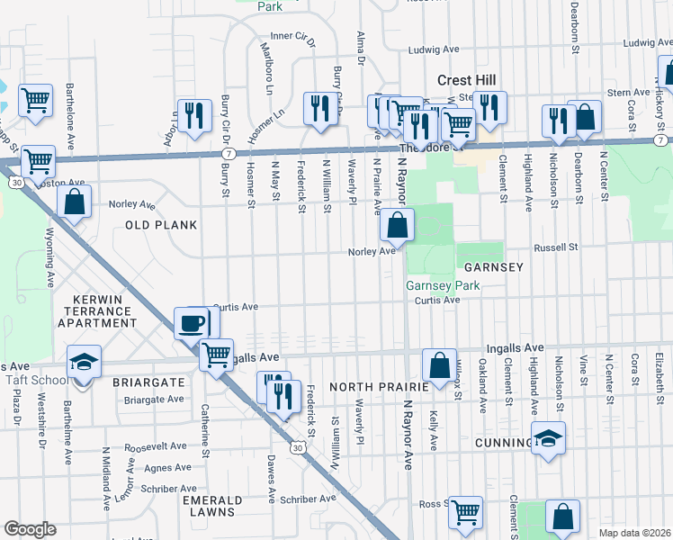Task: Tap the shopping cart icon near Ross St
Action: [x=465, y=512]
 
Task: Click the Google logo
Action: [x=30, y=529]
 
